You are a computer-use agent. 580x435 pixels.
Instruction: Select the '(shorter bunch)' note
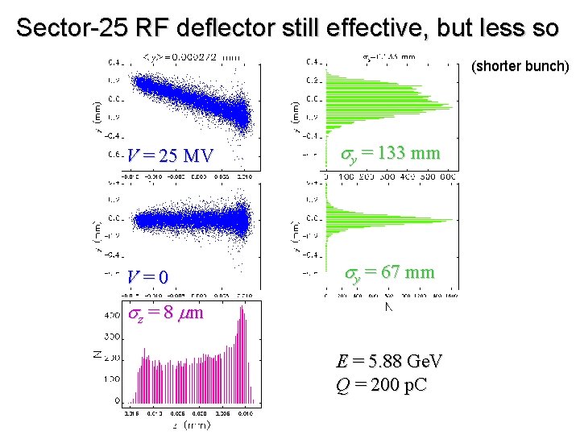click(x=520, y=66)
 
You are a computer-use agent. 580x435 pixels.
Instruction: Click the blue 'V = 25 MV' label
click(x=170, y=155)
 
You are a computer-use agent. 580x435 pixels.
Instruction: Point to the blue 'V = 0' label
click(x=147, y=277)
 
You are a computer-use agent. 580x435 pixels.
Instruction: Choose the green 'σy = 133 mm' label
click(x=391, y=153)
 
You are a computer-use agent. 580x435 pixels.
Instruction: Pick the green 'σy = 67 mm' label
click(x=390, y=273)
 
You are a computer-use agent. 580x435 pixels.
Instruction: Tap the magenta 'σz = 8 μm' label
click(x=165, y=313)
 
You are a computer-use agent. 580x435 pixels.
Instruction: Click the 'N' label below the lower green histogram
click(x=389, y=306)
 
